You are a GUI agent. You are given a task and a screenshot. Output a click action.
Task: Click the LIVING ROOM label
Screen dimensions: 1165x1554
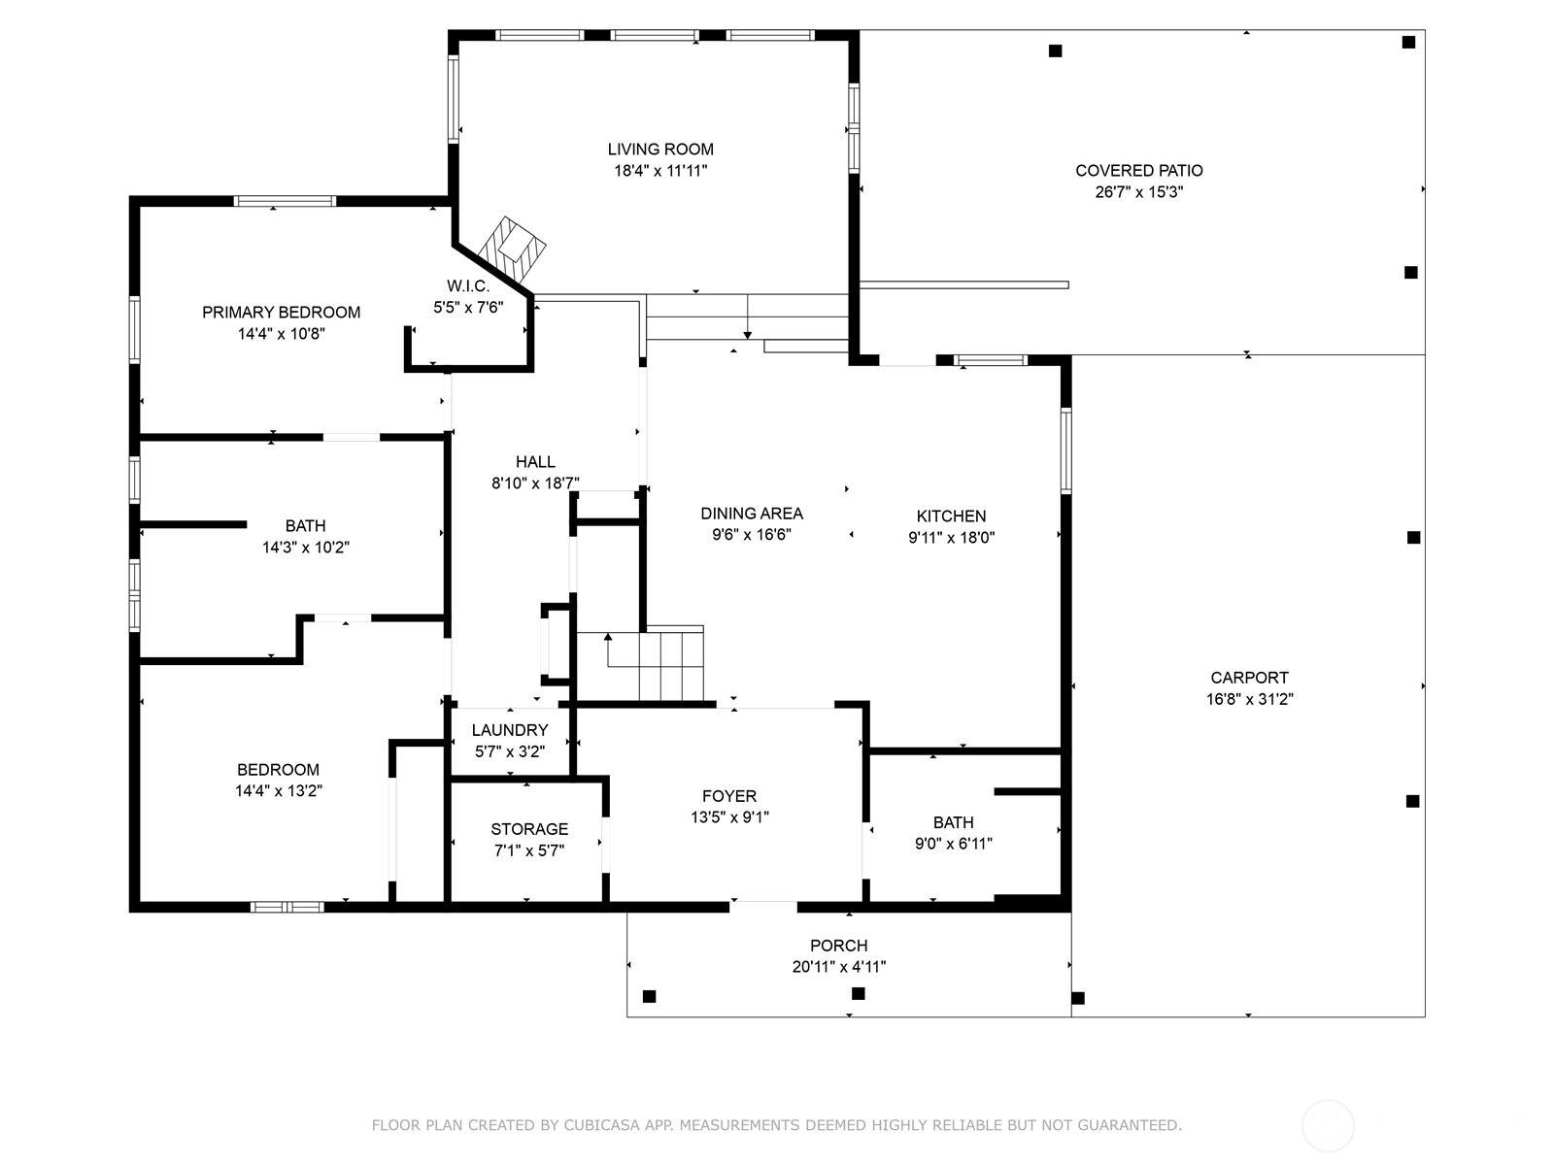click(x=660, y=150)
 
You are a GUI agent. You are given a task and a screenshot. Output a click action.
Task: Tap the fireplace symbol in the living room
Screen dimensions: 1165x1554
click(x=516, y=246)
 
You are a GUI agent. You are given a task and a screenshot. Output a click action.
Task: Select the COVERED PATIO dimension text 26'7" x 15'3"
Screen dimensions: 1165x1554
click(x=1138, y=192)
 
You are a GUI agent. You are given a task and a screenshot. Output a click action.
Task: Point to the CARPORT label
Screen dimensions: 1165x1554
click(x=1249, y=678)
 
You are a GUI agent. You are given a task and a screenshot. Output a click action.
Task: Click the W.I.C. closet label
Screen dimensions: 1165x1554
click(x=468, y=286)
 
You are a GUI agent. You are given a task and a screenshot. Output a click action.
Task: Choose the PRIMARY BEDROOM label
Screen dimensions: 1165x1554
click(x=281, y=313)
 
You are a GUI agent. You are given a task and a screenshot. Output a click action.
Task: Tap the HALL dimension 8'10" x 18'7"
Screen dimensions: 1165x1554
click(x=535, y=483)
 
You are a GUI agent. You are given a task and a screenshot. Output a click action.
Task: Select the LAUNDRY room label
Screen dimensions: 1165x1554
click(x=510, y=730)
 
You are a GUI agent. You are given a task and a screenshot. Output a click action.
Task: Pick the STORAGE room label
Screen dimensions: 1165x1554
click(x=529, y=829)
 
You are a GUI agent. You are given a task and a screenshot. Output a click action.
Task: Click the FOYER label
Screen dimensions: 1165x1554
click(x=729, y=796)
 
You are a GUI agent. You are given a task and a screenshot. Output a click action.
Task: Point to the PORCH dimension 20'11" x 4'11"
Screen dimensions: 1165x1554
click(x=838, y=967)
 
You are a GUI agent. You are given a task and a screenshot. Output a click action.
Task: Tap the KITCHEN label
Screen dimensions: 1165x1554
click(x=951, y=516)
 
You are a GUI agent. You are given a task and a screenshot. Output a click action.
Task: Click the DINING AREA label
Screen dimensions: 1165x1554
click(x=752, y=514)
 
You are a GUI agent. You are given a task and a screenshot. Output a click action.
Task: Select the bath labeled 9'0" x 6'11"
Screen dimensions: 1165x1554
click(x=953, y=822)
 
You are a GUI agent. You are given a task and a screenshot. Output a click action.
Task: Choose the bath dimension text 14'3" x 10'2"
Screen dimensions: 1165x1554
click(x=305, y=548)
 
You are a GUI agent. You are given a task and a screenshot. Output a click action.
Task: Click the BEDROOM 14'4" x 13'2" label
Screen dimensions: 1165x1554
click(x=278, y=770)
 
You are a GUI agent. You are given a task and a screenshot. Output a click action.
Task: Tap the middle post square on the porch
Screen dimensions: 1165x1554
click(x=858, y=993)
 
